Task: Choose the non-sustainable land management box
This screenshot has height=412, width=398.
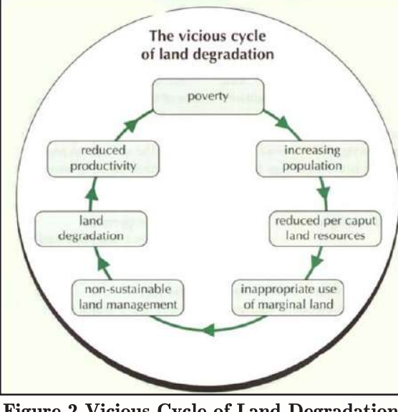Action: pos(127,297)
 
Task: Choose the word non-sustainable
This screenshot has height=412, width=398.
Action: pos(127,290)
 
